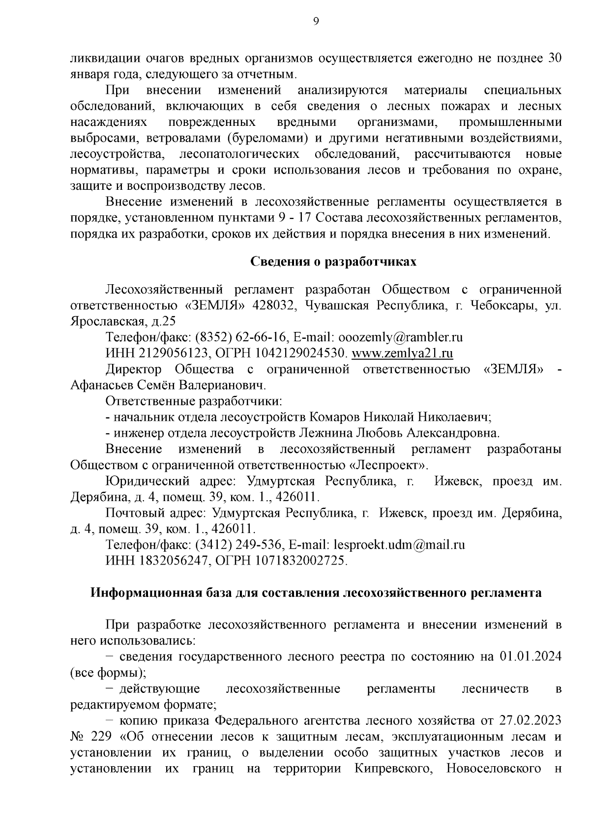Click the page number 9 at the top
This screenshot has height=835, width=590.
pyautogui.click(x=316, y=21)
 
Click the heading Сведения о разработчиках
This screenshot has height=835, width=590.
pyautogui.click(x=333, y=261)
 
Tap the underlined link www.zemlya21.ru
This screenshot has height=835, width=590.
pyautogui.click(x=402, y=353)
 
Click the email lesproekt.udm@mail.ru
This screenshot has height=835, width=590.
pyautogui.click(x=399, y=545)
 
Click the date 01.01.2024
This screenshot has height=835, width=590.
pyautogui.click(x=531, y=656)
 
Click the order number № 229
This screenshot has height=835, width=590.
pyautogui.click(x=85, y=737)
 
